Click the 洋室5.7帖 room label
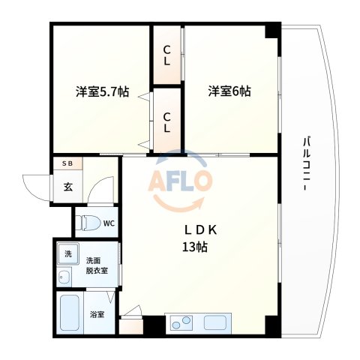pos(102,92)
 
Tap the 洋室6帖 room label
pos(229,91)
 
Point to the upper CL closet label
pos(167,55)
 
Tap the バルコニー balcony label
pos(307,165)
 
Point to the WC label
pos(109,223)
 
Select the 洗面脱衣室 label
pos(97,264)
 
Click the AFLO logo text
pos(181,181)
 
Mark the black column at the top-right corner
pos(272,31)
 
